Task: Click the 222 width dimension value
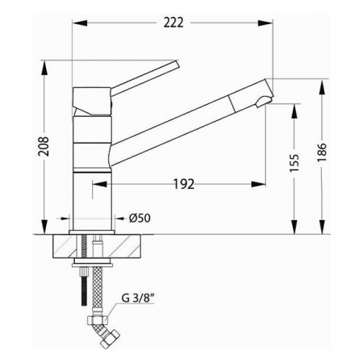point(173,23)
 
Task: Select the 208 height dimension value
point(44,147)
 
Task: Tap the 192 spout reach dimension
point(184,184)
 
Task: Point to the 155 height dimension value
point(294,163)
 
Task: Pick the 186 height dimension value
point(322,152)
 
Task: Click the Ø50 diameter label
point(140,218)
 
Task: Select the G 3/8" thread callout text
point(138,298)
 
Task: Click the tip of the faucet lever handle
point(177,64)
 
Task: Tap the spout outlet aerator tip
point(264,102)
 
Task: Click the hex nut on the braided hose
point(98,319)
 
